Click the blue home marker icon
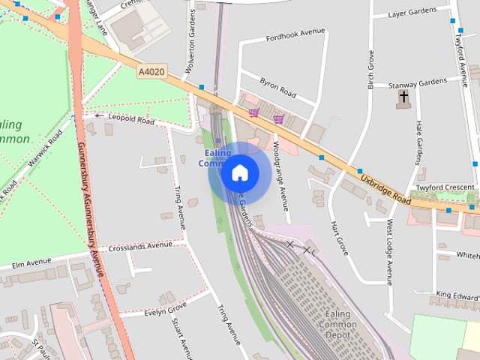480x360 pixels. coord(240,172)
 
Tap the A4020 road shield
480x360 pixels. coord(151,72)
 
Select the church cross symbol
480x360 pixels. coord(403,97)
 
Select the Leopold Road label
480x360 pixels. coord(131,118)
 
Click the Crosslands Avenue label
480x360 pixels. coord(140,246)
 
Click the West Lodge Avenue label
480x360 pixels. coord(389,252)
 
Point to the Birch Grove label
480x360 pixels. coord(370,70)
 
